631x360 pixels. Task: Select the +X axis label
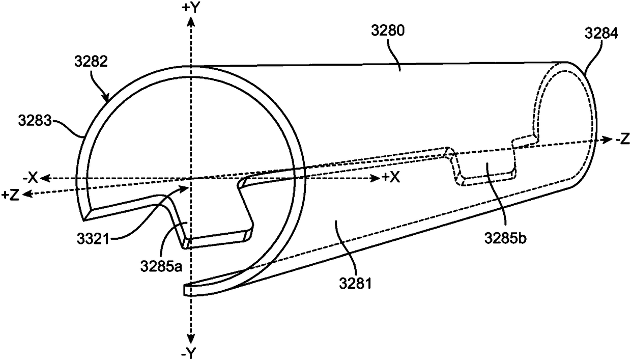392,178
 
